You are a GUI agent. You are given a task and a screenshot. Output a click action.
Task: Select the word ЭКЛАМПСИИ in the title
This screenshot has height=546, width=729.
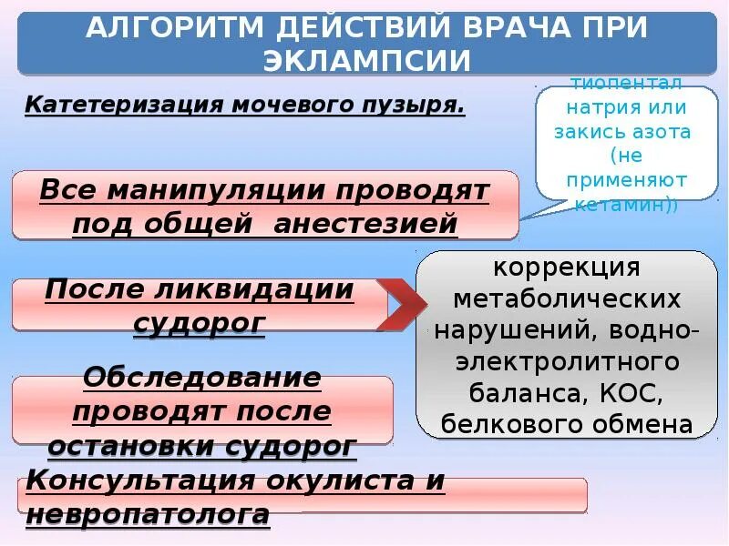367,60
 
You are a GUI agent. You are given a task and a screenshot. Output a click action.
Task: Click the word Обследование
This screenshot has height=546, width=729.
201,378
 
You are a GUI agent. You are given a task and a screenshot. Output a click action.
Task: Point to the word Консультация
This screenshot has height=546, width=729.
136,480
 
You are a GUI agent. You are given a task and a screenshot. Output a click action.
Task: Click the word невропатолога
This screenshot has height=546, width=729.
148,515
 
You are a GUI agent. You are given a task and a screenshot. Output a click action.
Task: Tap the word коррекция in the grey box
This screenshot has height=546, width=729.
568,268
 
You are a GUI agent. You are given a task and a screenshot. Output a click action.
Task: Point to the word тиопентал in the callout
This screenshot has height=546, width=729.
626,85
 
